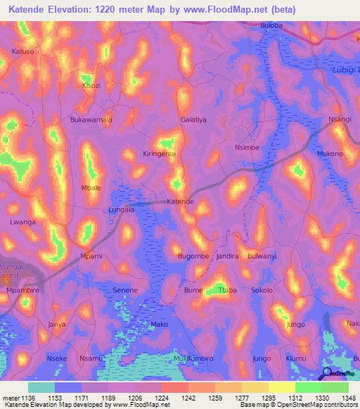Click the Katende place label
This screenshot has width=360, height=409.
(x=180, y=202)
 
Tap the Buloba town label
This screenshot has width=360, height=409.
(x=271, y=25)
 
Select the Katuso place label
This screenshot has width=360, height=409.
(x=23, y=52)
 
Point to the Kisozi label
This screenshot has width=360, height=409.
(x=91, y=85)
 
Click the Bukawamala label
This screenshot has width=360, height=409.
(x=91, y=120)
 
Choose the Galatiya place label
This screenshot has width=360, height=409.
(x=193, y=120)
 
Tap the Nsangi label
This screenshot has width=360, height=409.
(x=340, y=119)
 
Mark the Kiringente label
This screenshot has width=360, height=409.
(x=159, y=153)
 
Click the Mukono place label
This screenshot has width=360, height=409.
(x=330, y=154)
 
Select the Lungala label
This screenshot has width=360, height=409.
(x=121, y=209)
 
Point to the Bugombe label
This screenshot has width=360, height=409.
(x=193, y=256)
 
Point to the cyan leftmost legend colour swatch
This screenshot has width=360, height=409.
(x=41, y=387)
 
